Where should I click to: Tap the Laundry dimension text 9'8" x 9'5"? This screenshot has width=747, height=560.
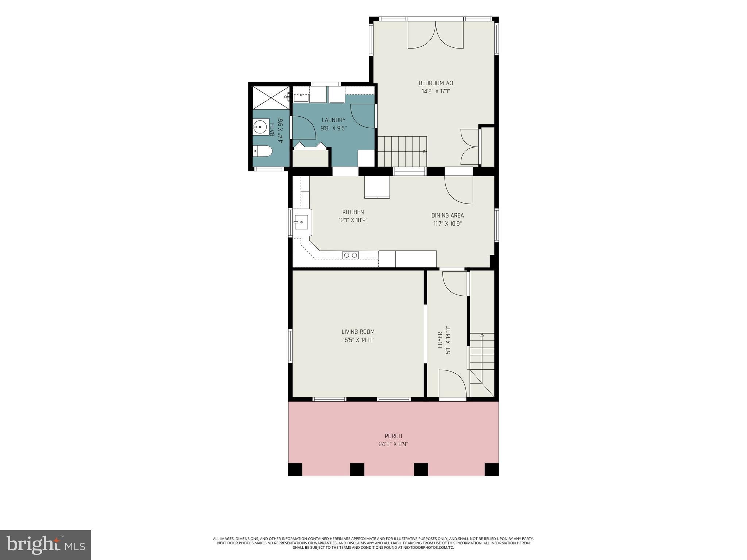click(333, 128)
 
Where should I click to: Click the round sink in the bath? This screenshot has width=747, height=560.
click(261, 128)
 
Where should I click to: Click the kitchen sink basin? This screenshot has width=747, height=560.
click(301, 222)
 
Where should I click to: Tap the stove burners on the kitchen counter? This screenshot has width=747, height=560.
click(351, 255)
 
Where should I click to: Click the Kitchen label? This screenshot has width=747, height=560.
click(353, 212)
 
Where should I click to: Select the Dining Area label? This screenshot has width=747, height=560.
click(448, 215)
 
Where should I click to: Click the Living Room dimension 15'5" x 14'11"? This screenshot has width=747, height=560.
click(358, 340)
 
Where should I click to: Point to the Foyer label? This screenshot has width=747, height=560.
click(440, 340)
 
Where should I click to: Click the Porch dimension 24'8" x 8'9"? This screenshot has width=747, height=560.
click(393, 444)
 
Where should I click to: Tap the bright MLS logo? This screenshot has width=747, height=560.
click(46, 545)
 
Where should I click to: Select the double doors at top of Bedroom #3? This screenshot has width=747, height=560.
click(436, 35)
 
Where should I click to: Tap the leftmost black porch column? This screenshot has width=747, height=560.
click(295, 469)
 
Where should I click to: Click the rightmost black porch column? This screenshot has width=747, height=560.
click(491, 469)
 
